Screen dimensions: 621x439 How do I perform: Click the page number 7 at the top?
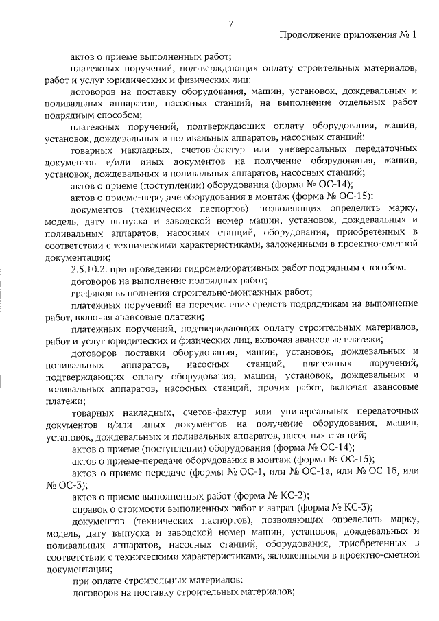click(231, 23)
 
